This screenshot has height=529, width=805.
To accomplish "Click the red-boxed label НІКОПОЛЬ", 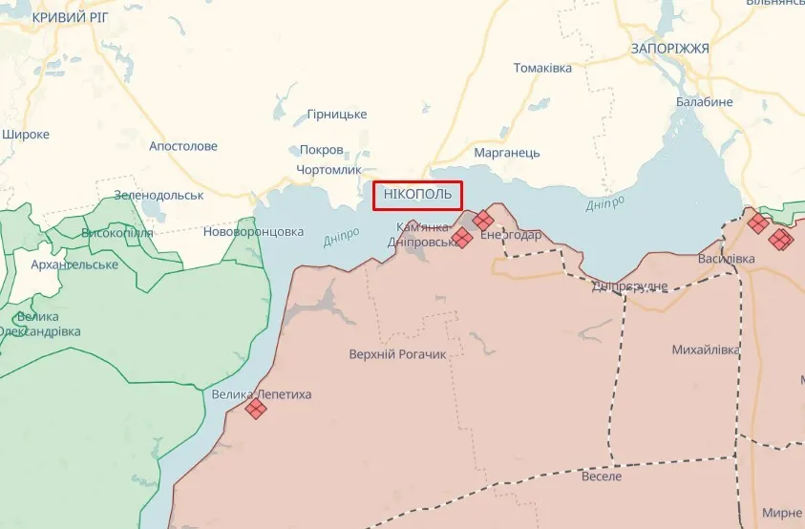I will (x=418, y=196).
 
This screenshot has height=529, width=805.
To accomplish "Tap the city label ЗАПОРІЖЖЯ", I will (x=669, y=48).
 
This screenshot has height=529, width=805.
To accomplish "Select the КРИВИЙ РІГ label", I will (x=73, y=18).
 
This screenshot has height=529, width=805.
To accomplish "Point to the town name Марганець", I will (x=507, y=153).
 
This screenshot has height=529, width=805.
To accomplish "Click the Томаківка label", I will (x=542, y=68).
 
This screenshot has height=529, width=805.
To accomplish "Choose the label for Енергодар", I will (x=510, y=235).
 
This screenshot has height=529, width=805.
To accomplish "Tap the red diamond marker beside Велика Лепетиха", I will (x=255, y=409).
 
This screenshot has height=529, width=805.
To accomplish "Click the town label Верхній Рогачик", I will (x=398, y=354).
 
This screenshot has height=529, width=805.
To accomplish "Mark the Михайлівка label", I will (x=706, y=349).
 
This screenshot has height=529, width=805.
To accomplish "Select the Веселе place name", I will (x=601, y=476).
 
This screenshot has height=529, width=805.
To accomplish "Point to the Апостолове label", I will (x=183, y=146).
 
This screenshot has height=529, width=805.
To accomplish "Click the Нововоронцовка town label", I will (x=253, y=231).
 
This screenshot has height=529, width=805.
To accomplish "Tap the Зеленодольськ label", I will (x=159, y=195).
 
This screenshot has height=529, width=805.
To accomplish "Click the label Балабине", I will (x=705, y=102).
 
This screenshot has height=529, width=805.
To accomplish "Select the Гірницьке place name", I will (x=336, y=115).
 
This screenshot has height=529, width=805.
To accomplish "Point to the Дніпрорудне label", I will (x=629, y=286).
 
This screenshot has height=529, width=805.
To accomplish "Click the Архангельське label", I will (x=74, y=264).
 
